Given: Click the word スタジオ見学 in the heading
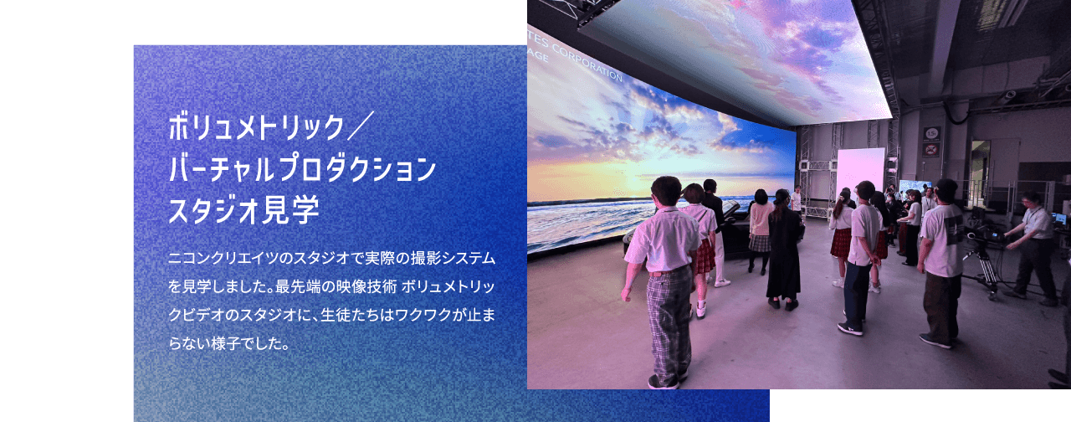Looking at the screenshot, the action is coord(243,210).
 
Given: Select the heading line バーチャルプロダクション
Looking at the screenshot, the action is coord(303,168).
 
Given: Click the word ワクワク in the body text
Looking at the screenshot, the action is coord(423,315).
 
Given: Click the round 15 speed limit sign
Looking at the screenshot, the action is coord(931,133).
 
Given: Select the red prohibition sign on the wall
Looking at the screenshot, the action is coord(931,149).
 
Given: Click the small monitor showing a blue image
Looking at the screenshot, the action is coord(912,187).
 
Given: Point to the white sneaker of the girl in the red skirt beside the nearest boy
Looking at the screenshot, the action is coord(701,311).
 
